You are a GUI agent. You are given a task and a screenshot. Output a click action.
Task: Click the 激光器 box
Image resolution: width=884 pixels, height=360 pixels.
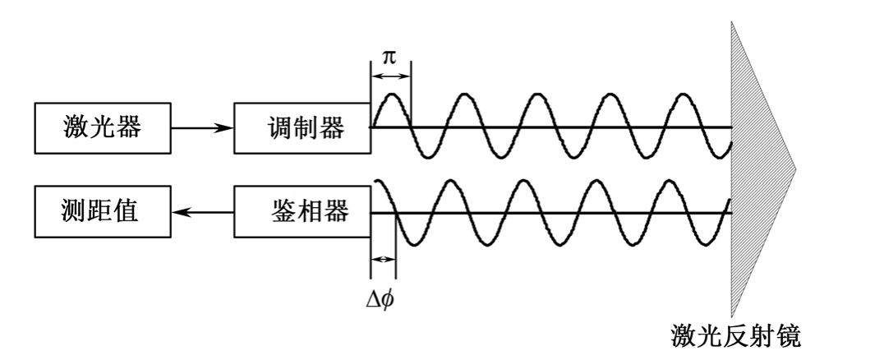[101, 128]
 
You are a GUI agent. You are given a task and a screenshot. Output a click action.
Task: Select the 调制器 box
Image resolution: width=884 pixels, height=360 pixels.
[302, 128]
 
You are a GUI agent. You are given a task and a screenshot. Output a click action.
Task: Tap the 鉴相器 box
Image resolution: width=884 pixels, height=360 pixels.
[302, 213]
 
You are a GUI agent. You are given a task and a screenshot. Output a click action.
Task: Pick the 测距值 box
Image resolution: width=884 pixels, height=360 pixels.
[101, 213]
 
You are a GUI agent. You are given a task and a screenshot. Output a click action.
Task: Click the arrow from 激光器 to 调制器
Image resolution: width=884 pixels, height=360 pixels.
[201, 128]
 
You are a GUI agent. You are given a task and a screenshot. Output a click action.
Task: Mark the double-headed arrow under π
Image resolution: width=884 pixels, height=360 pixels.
[390, 76]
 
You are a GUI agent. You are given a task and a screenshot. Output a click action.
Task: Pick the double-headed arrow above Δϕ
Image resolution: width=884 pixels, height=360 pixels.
[383, 259]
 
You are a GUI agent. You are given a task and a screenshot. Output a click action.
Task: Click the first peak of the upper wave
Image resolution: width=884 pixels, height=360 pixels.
[391, 95]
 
